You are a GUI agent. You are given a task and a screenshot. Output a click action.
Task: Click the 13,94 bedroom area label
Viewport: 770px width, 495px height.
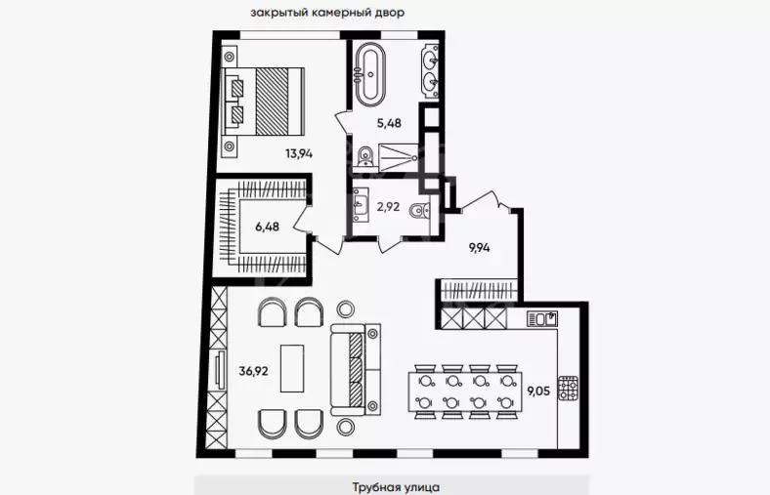(299, 154)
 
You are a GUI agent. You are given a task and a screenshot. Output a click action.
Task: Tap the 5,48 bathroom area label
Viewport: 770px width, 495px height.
(389, 123)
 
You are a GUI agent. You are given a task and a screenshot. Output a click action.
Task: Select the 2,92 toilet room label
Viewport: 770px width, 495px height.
(388, 207)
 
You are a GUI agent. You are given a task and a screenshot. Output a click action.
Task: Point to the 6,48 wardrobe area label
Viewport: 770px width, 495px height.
(267, 227)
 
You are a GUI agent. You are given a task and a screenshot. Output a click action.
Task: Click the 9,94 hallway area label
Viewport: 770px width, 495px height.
(479, 248)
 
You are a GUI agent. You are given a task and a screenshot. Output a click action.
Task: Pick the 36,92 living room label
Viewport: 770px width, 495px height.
(253, 371)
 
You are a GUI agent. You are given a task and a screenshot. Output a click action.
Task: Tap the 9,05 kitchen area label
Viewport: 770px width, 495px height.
(538, 391)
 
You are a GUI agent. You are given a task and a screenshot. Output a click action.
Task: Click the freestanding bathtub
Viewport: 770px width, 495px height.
(370, 75)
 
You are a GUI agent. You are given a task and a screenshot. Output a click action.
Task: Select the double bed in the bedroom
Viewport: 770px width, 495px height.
(264, 102)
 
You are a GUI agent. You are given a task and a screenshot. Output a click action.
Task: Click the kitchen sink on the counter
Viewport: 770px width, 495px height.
(542, 319)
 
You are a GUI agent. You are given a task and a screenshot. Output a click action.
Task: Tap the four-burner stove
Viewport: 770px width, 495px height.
(569, 388)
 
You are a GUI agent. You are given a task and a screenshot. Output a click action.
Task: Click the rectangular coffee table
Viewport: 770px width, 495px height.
(292, 368)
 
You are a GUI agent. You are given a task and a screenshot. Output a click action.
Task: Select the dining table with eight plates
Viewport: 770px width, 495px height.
(464, 392)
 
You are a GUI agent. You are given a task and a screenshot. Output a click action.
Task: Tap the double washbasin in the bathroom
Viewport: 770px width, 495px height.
(430, 71)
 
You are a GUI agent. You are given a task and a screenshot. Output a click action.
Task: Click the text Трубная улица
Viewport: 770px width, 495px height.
(396, 487)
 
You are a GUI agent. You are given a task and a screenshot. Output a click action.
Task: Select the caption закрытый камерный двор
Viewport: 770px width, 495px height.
(327, 13)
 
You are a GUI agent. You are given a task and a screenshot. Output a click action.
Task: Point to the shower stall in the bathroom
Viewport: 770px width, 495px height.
(399, 157)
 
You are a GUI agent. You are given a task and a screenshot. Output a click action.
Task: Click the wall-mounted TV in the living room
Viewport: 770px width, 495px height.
(220, 370)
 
